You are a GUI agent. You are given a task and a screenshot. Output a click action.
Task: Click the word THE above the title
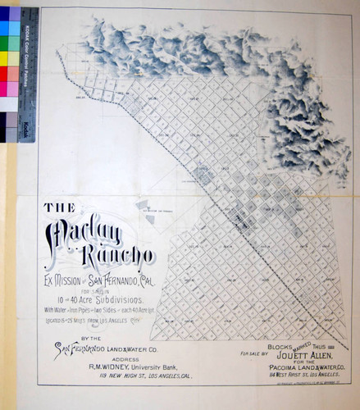(60, 208)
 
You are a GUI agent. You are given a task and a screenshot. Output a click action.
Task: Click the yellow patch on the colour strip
(11, 58)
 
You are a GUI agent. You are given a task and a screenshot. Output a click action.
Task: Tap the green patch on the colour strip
(11, 43)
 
